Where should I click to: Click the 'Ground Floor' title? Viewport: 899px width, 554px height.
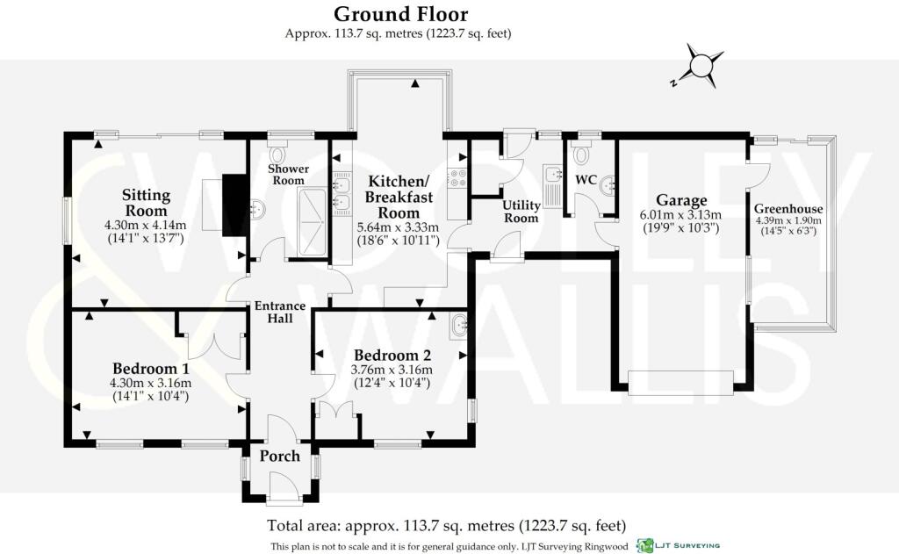tap(400, 13)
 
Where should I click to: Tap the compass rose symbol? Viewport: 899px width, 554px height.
tap(700, 65)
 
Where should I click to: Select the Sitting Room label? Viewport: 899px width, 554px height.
tap(147, 203)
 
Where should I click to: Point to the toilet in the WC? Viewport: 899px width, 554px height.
tap(581, 154)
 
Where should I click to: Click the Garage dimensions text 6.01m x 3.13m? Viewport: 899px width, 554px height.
tap(680, 215)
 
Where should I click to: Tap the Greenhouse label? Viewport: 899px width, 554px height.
tap(788, 209)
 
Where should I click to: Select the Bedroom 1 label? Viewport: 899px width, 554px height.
tap(151, 368)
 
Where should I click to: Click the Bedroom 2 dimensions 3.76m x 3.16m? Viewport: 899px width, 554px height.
tap(392, 370)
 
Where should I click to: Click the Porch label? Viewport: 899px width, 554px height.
tap(280, 456)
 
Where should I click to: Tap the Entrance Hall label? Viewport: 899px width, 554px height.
tap(280, 312)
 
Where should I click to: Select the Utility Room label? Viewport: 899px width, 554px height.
tap(521, 211)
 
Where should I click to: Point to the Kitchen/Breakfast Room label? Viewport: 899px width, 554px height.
tap(399, 197)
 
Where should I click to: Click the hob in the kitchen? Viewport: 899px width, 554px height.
tap(458, 177)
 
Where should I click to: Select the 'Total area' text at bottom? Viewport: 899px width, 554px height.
tap(447, 525)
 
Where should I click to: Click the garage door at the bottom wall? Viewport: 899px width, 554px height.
tap(680, 383)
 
